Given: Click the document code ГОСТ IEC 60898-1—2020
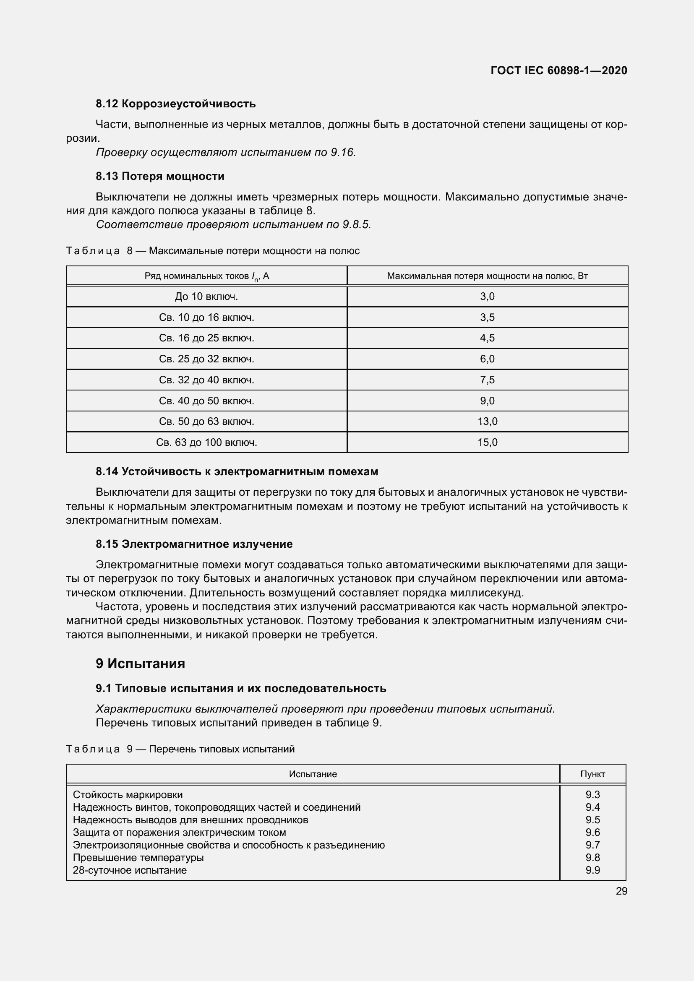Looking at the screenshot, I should [558, 70].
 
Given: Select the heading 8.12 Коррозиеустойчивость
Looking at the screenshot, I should [176, 104].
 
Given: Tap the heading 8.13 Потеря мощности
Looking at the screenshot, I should [160, 176].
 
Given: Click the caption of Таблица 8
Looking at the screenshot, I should [213, 251].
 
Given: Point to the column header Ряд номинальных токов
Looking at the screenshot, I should [206, 276].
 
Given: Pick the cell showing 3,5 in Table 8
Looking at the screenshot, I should [487, 317].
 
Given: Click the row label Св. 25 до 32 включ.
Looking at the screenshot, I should [206, 359].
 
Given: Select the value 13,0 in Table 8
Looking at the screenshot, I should [487, 421].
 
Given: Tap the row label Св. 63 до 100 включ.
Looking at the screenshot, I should [206, 442].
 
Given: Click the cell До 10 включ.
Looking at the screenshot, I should [206, 297].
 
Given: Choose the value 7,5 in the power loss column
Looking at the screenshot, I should [487, 380].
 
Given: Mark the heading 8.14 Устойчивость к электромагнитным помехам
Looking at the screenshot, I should [237, 472].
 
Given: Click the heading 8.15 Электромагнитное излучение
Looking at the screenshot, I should [194, 544].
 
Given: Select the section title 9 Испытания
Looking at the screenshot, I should [140, 664].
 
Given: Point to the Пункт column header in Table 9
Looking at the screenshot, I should [592, 774].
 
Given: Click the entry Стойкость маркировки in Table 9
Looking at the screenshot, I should [128, 795].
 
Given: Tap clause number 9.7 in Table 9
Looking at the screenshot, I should [593, 845].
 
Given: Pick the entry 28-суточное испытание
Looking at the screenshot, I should [130, 870].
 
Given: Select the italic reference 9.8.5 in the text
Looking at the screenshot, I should [356, 225].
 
